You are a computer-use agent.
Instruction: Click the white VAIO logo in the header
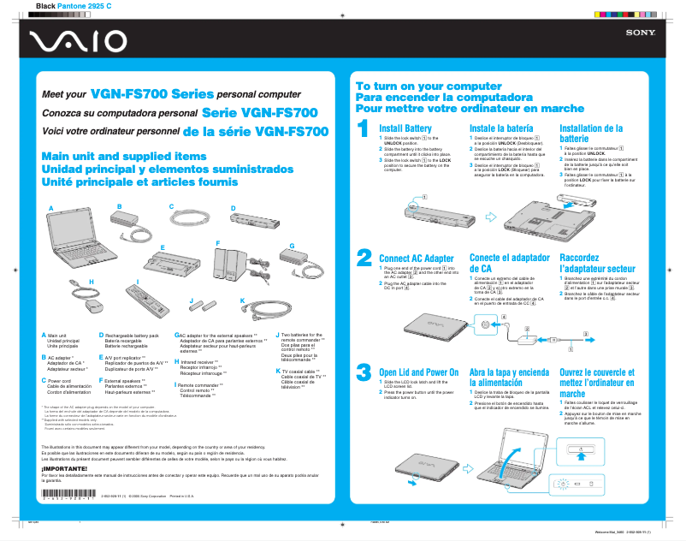(x=72, y=41)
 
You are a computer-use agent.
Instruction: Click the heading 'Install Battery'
(x=405, y=128)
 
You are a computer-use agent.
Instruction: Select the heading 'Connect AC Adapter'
(x=416, y=259)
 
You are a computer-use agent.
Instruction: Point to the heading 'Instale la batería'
(x=501, y=128)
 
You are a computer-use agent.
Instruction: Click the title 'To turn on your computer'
(x=429, y=87)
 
